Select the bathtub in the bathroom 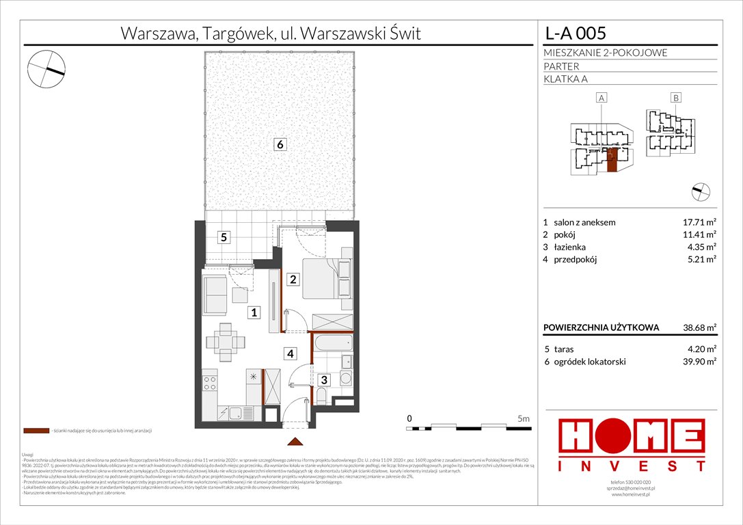point(332,342)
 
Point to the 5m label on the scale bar point(524,418)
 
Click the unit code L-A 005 point(574,33)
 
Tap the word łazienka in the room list point(570,247)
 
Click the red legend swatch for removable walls point(36,431)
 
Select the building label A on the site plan point(602,98)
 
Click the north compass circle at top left point(46,69)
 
